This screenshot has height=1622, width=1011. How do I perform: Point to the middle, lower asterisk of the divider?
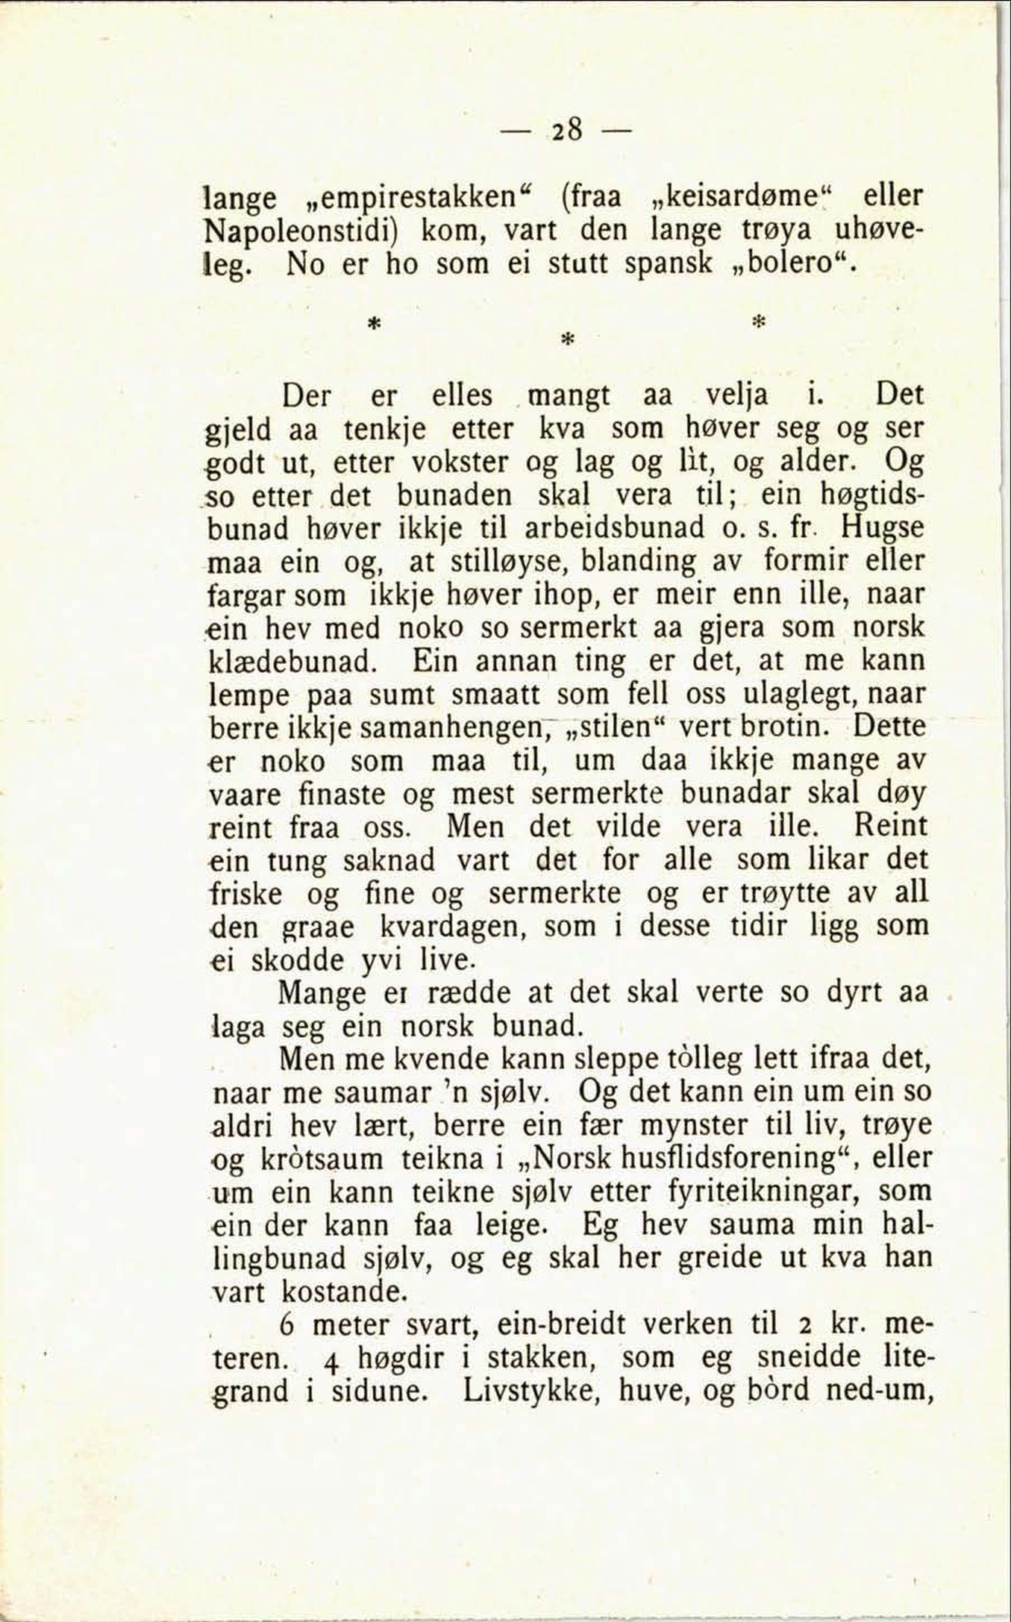pyautogui.click(x=566, y=339)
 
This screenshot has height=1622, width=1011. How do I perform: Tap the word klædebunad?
pyautogui.click(x=294, y=662)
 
